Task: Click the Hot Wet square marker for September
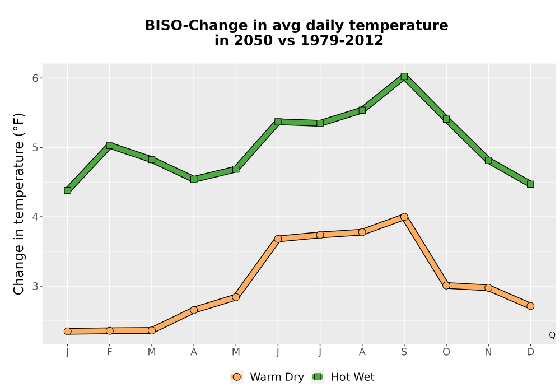point(404,76)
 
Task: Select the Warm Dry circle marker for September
point(404,217)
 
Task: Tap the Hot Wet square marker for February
point(110,145)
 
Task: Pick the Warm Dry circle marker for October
point(446,286)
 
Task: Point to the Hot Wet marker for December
point(530,184)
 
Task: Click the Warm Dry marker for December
point(530,306)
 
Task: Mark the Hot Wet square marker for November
point(488,160)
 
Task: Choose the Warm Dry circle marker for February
point(110,330)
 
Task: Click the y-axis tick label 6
point(35,78)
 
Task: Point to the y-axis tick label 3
point(35,286)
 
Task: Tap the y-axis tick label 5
point(35,147)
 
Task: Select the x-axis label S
point(404,352)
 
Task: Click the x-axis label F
point(110,352)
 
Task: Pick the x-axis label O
point(446,352)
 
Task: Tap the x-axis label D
point(530,352)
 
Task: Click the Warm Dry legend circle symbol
point(236,377)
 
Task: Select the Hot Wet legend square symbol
point(318,377)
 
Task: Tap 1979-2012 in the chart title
point(342,40)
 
